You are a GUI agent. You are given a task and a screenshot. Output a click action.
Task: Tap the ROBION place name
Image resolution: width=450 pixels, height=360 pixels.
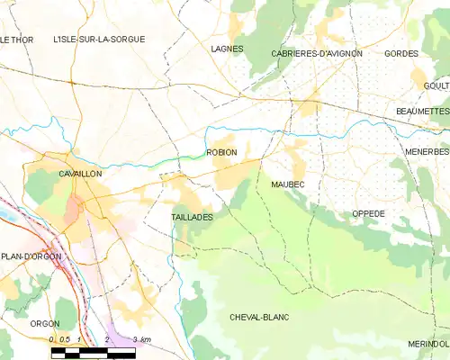221,152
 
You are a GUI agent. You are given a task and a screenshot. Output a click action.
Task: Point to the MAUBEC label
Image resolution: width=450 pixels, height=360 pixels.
288,184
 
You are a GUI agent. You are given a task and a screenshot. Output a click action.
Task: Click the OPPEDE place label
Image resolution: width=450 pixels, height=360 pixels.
367,213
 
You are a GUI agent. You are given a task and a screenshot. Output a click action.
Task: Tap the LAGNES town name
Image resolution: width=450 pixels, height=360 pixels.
228,49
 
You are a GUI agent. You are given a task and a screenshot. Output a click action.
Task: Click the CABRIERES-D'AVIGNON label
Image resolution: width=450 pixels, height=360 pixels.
317,54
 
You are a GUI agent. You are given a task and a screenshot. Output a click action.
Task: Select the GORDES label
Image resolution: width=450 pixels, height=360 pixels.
400,54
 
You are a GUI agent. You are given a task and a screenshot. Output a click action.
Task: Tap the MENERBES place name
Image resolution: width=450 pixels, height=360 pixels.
427,152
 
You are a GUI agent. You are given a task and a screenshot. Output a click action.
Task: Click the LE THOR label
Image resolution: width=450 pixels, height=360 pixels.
15,40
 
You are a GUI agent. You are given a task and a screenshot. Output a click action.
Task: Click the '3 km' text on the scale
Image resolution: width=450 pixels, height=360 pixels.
140,338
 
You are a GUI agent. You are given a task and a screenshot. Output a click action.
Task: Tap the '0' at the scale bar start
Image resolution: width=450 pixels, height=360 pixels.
52,338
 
